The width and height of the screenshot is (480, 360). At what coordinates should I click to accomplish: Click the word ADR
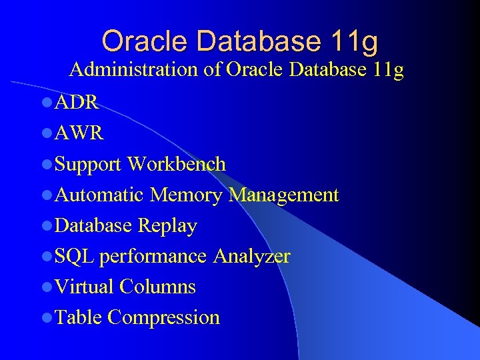[77, 103]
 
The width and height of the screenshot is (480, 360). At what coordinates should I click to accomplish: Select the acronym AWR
[79, 133]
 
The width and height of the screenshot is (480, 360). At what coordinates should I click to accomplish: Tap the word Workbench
[177, 164]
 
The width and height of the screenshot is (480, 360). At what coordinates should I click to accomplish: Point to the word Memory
[186, 195]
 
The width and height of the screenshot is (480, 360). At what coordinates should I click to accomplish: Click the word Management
[284, 195]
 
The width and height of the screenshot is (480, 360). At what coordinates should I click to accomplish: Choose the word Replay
[167, 225]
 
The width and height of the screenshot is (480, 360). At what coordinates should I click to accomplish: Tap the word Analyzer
[252, 256]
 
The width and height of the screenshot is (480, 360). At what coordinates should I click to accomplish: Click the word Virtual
[85, 287]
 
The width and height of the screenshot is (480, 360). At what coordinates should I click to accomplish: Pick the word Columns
[158, 287]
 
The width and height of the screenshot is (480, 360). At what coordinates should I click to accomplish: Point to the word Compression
[163, 317]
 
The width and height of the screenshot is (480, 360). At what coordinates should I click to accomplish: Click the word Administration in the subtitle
[135, 69]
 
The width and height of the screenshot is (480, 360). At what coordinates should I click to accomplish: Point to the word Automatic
[100, 195]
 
